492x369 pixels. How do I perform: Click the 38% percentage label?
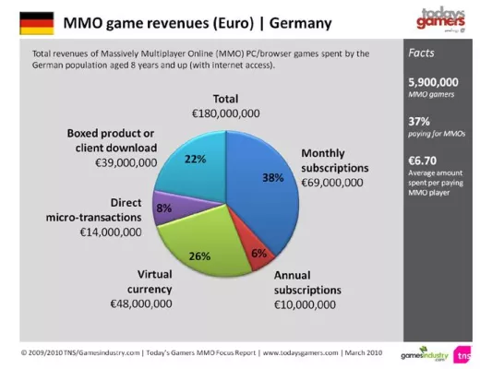(272, 177)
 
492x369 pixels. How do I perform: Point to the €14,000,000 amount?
(110, 232)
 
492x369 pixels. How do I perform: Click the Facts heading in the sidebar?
(422, 54)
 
